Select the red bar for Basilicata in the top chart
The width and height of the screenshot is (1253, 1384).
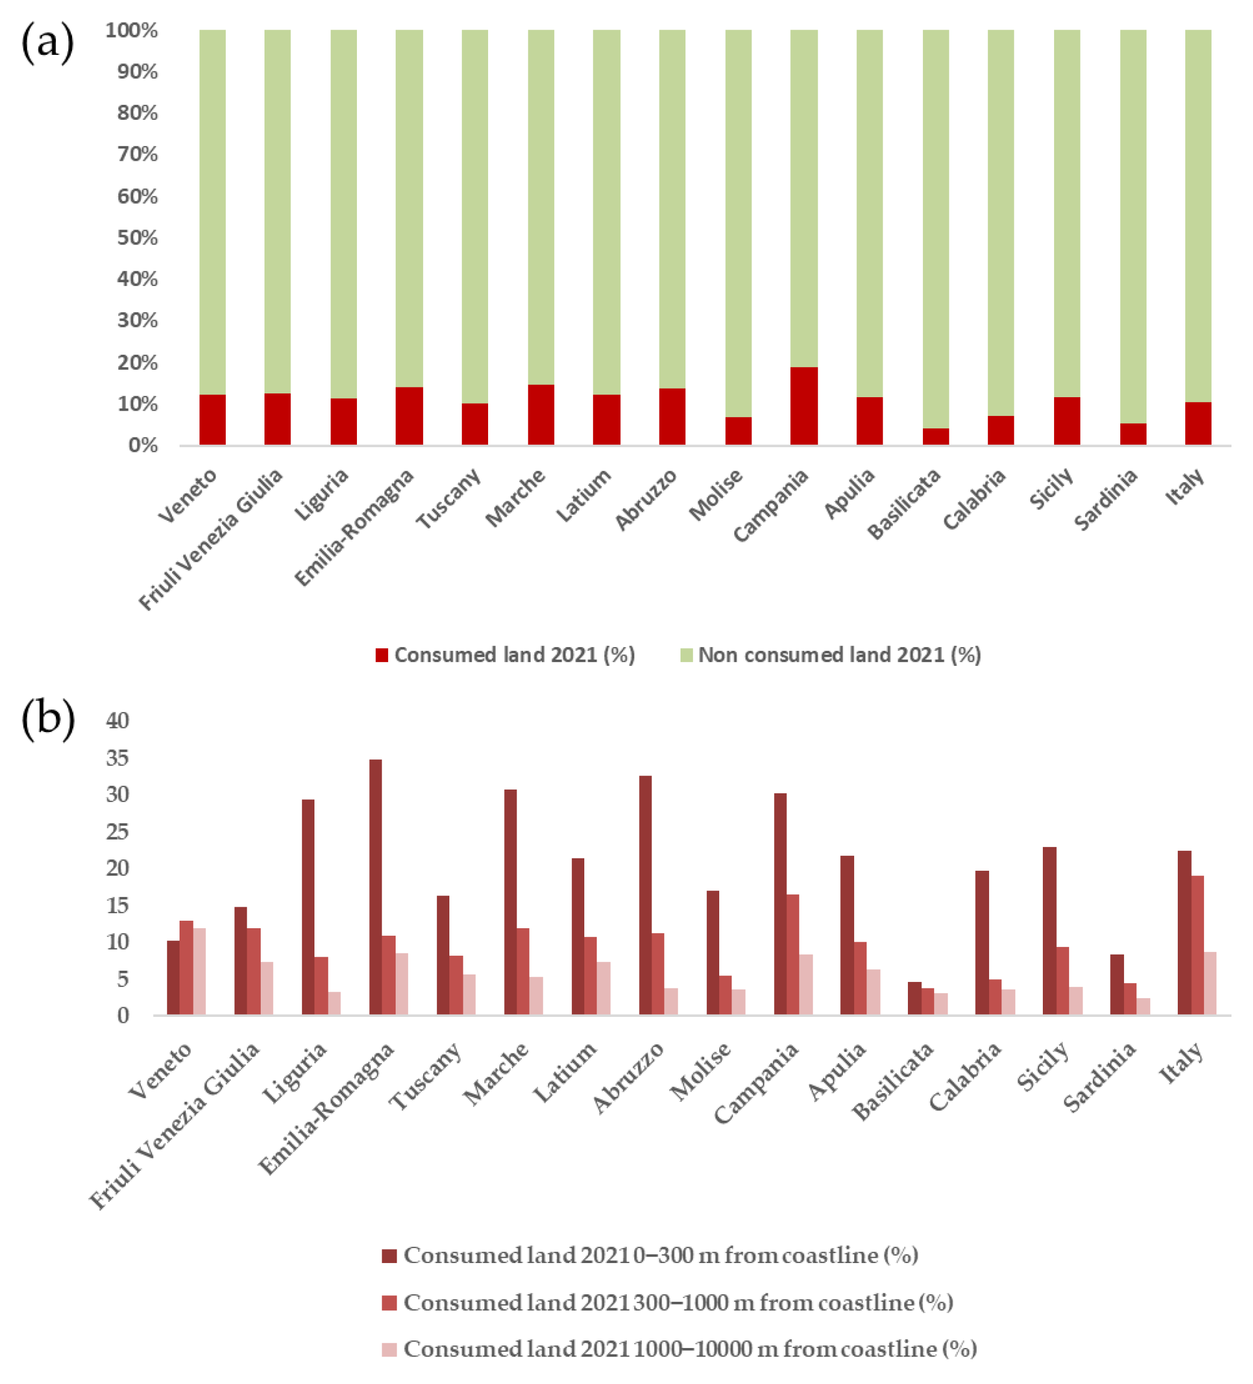tap(935, 436)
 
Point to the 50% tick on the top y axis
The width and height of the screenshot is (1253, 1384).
tap(137, 238)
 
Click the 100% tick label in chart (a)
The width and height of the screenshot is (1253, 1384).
tap(132, 30)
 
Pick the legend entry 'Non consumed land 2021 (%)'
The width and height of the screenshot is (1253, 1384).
tap(839, 655)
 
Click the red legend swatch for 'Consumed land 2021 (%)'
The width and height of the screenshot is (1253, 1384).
tap(382, 655)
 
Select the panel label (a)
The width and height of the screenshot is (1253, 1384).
tap(47, 42)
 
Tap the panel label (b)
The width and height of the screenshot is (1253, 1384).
tap(48, 720)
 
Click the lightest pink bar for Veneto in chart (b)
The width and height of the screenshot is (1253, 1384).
tap(199, 971)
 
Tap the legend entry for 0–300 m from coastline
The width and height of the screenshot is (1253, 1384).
tap(661, 1255)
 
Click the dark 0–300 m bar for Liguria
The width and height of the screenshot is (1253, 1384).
tap(307, 907)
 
